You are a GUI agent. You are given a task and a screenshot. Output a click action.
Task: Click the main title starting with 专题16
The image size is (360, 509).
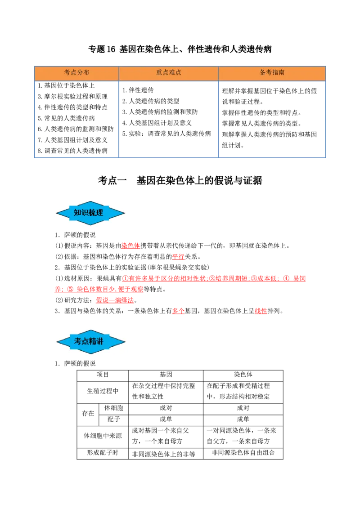pos(180,49)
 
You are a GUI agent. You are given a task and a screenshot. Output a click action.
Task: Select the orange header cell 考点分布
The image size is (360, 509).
pos(76,73)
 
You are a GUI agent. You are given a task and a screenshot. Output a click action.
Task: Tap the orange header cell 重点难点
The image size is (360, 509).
pos(169,73)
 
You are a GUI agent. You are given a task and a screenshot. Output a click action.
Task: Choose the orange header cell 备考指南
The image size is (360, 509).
pos(272,73)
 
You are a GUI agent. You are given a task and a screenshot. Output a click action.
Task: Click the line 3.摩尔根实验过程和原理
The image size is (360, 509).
pos(72,96)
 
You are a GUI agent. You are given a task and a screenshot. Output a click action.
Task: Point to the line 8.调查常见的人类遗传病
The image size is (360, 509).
pos(72,151)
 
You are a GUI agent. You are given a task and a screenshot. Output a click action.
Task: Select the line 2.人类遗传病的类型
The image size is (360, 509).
pos(151,101)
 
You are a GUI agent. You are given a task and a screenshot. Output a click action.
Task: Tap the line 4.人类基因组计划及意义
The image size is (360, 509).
pos(157,123)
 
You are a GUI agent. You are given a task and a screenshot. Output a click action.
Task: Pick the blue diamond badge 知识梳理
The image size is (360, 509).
pos(90,213)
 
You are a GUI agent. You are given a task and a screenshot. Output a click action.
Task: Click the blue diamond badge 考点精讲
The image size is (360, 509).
pos(90,341)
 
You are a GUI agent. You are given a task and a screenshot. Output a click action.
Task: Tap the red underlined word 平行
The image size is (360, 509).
pos(178,256)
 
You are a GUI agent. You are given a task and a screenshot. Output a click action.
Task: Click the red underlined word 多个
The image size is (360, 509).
pos(178,311)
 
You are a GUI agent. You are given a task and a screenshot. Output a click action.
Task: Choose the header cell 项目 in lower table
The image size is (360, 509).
pos(103,375)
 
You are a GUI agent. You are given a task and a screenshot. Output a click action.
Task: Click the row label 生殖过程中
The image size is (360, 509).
pos(103,392)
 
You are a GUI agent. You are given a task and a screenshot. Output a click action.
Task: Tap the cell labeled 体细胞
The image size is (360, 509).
pos(114,408)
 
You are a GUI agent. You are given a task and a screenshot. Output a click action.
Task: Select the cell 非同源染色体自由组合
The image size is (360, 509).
pos(243,453)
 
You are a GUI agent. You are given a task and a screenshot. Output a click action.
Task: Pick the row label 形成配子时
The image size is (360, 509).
pos(103,453)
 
